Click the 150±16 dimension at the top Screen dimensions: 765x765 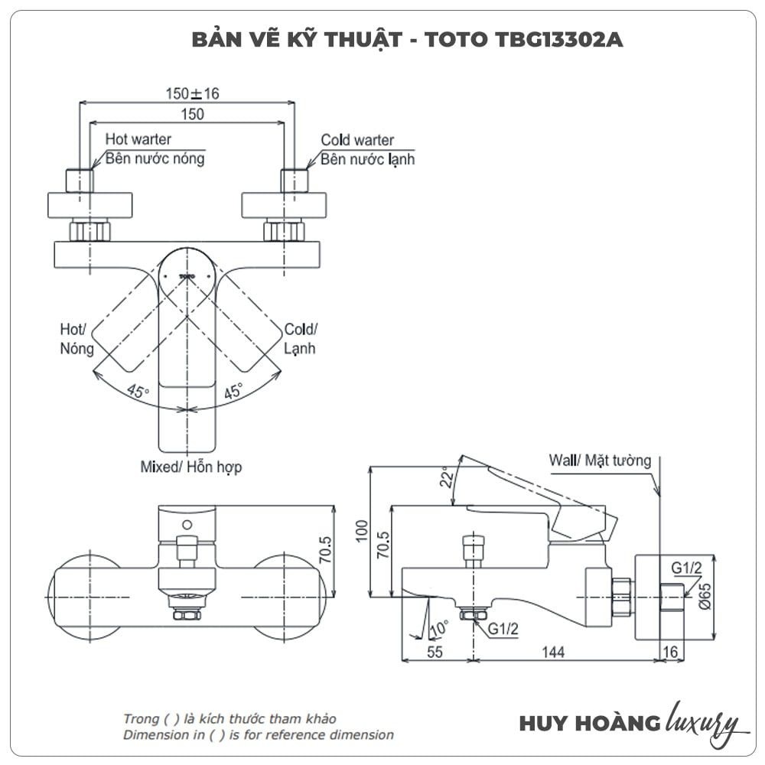tap(193, 93)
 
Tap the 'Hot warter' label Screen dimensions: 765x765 tap(138, 139)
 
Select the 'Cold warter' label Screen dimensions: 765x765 tap(357, 140)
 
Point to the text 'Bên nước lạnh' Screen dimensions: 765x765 tap(367, 159)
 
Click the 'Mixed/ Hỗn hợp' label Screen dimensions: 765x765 tap(191, 466)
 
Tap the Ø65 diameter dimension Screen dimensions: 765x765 tap(705, 593)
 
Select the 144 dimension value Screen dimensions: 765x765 tap(552, 652)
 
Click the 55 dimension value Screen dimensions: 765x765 tap(435, 652)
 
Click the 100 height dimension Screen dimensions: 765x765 tap(362, 531)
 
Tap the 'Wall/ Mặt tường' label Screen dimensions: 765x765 tap(600, 461)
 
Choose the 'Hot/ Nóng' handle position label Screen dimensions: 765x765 tap(76, 338)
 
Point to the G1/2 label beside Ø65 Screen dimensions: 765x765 tap(686, 568)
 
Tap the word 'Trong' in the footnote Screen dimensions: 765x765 tap(141, 719)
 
